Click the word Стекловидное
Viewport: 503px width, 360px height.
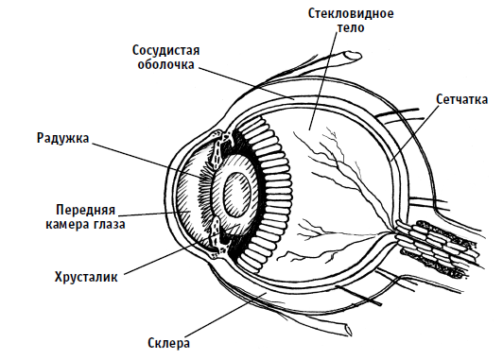351,14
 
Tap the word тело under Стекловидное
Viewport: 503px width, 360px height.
350,28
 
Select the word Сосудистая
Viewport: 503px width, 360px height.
166,50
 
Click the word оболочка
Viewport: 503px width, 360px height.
165,64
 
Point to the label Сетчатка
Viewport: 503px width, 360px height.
462,99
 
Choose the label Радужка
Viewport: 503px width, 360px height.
62,138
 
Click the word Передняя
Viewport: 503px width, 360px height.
85,210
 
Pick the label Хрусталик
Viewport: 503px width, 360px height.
86,277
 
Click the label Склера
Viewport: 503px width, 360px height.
168,343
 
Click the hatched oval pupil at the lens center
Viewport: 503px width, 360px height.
237,195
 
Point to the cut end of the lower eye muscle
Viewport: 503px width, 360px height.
347,331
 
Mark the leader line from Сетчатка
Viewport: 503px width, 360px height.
415,132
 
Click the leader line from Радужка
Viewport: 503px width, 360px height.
147,160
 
